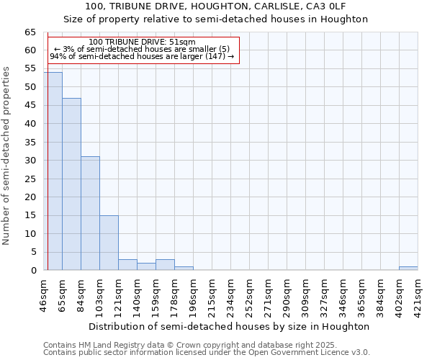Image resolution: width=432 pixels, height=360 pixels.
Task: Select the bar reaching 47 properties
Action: point(71,184)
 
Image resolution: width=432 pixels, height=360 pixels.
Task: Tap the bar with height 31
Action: point(90,213)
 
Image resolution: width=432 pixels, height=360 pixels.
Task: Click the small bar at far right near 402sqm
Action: point(408,269)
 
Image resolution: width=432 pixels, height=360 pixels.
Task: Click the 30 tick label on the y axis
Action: point(30,161)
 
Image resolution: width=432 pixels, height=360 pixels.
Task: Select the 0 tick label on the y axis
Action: point(33,271)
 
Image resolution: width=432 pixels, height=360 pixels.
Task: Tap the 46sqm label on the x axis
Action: point(44,294)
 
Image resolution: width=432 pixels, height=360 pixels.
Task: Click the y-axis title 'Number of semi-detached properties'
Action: point(7,155)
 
